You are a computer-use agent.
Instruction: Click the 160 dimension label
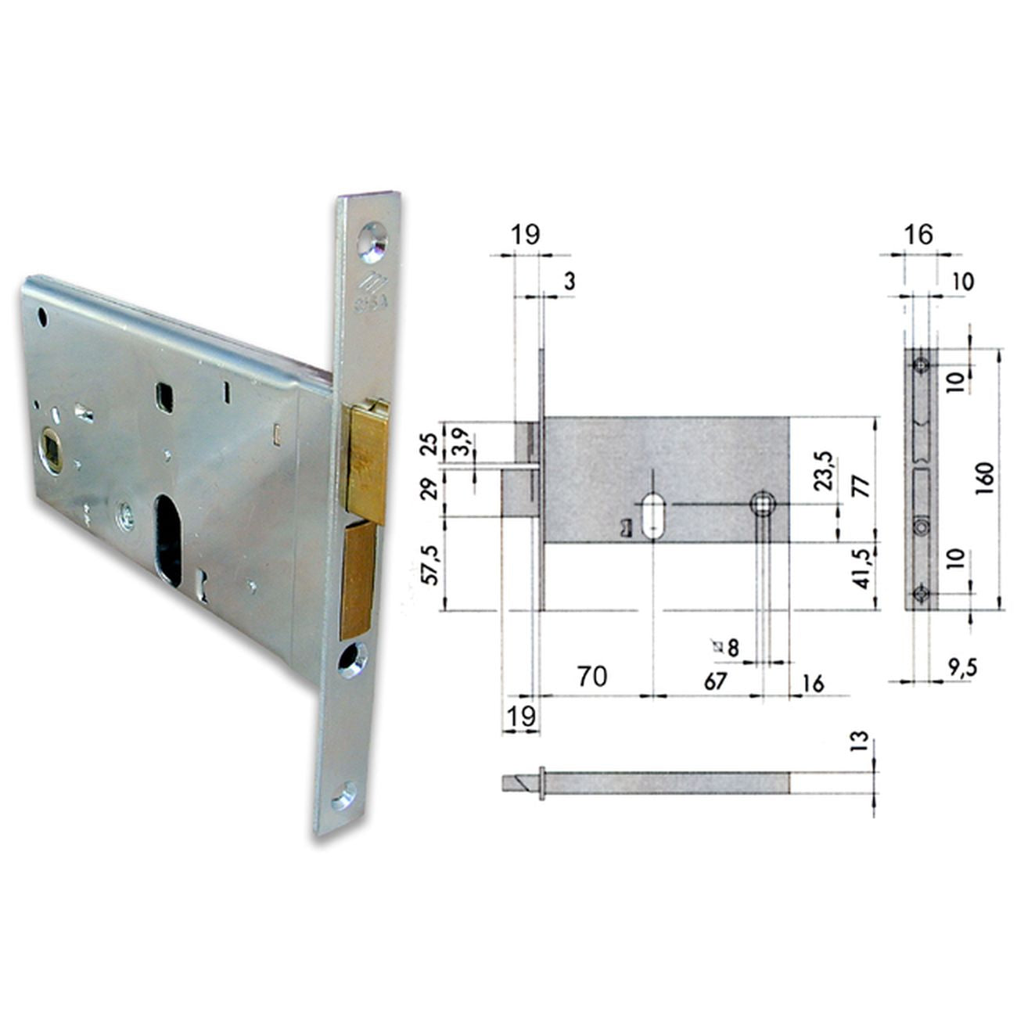tap(985, 478)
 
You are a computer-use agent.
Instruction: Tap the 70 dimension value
tap(592, 677)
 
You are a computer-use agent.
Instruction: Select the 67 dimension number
tap(716, 681)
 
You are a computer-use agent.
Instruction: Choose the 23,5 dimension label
tap(825, 471)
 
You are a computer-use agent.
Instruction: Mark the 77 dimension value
tap(862, 486)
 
